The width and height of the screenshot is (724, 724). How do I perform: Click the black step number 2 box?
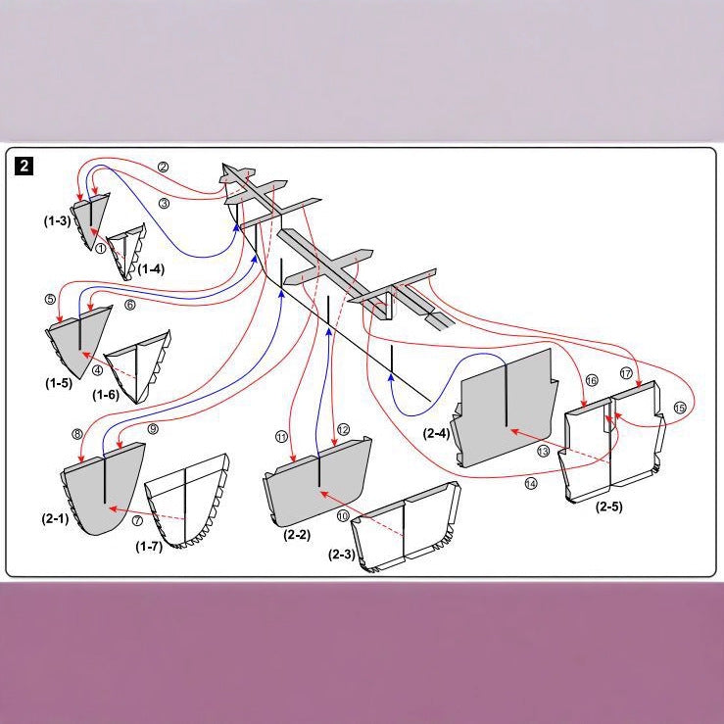24,166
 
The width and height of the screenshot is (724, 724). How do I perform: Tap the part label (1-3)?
57,220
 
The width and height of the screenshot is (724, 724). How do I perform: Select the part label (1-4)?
151,268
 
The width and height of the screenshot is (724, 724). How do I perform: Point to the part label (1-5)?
59,383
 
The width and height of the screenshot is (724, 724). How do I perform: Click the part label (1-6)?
106,394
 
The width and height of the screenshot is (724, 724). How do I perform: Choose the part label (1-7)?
149,547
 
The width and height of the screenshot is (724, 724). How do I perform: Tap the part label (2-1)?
55,518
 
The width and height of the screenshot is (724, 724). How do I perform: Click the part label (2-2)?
297,535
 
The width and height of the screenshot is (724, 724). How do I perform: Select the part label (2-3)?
342,555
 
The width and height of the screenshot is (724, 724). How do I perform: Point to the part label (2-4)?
436,433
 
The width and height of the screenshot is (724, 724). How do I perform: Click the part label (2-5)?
609,507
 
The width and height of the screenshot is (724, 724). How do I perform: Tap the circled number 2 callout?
163,167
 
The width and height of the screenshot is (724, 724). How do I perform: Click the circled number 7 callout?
137,520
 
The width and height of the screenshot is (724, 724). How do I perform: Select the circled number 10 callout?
343,515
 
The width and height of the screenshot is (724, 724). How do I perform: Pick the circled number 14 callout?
531,483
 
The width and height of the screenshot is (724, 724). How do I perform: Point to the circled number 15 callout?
680,408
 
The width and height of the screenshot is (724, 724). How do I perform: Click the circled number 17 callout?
626,373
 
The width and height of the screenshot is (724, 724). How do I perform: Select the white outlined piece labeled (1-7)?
187,501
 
